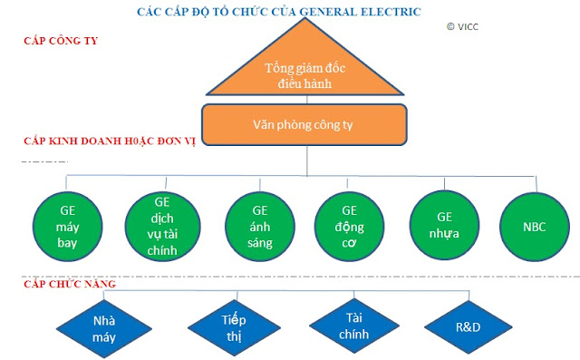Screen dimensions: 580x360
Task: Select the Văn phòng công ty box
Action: [x=304, y=125]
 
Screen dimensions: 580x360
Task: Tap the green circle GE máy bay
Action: [x=67, y=227]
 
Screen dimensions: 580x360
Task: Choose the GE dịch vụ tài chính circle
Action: [x=162, y=227]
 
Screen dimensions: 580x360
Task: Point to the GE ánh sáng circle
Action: [x=260, y=227]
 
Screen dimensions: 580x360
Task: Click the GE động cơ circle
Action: [x=349, y=227]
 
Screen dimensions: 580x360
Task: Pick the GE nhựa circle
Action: [x=444, y=225]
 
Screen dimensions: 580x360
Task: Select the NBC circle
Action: [x=535, y=227]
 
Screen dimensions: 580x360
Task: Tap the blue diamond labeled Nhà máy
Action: [x=104, y=328]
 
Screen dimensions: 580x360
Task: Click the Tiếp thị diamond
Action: [x=234, y=328]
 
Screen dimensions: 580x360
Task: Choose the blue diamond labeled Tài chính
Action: [x=354, y=326]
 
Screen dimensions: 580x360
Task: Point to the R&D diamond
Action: [x=469, y=327]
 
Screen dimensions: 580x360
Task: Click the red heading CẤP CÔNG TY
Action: [x=61, y=41]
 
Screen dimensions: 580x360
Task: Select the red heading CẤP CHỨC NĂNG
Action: [x=70, y=284]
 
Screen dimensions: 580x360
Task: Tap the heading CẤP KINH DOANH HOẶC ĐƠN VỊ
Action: [x=109, y=141]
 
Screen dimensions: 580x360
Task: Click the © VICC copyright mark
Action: [x=462, y=26]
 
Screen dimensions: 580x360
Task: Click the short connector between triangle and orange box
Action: [x=307, y=100]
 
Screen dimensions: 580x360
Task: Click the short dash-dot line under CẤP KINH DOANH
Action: [x=44, y=161]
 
